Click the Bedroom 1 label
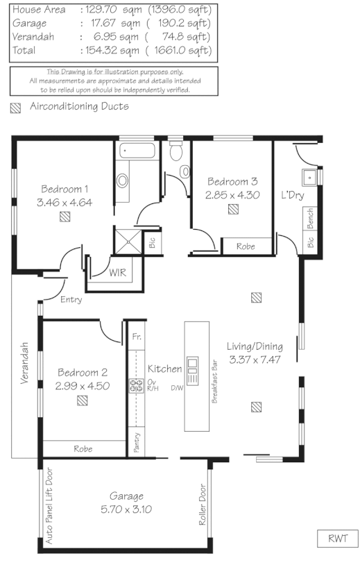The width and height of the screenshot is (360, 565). point(65,189)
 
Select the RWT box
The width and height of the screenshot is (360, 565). point(338,539)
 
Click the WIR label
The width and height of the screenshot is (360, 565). point(118,273)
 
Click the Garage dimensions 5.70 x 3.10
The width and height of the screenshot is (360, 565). point(126,509)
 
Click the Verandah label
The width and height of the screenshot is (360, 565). point(24,364)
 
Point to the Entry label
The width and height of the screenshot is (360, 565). point(71,300)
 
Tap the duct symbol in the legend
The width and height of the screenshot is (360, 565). point(15,108)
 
